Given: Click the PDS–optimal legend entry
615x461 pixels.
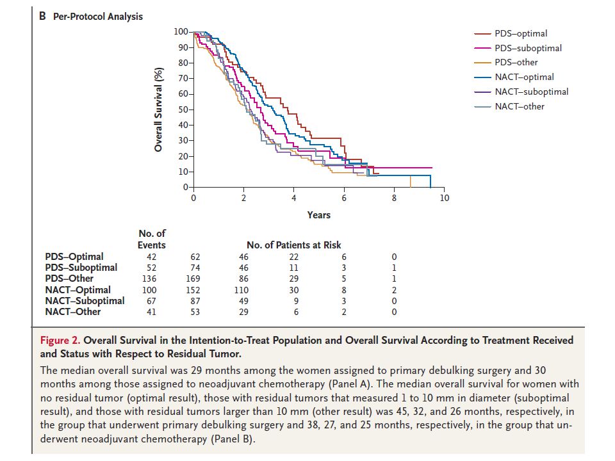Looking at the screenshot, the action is (511, 34).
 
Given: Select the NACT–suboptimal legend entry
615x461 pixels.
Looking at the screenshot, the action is (521, 92).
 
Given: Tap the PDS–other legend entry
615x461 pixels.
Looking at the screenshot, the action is (505, 62).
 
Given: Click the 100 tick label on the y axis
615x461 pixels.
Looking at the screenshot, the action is (181, 31).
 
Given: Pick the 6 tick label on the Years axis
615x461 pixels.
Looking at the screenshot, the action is (344, 198).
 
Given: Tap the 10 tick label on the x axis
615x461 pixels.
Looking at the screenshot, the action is (444, 198).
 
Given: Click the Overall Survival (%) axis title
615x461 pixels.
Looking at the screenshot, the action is (158, 109).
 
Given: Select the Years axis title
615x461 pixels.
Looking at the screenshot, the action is (319, 215).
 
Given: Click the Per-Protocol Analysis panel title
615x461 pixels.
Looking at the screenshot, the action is (97, 17).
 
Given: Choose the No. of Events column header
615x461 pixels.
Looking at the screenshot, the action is (152, 239).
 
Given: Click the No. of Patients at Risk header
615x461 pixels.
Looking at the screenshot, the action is (294, 245).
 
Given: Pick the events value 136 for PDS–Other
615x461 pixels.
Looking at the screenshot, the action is (149, 279).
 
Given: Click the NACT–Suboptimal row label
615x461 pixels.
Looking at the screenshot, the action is (85, 301).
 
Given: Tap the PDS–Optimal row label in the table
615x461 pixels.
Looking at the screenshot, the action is (74, 257).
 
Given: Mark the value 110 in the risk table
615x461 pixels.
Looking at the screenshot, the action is (242, 290).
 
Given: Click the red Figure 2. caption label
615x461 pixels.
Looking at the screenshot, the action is (60, 340).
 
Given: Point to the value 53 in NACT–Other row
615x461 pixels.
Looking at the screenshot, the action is (195, 312).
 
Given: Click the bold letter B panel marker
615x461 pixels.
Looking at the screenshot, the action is (42, 16).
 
